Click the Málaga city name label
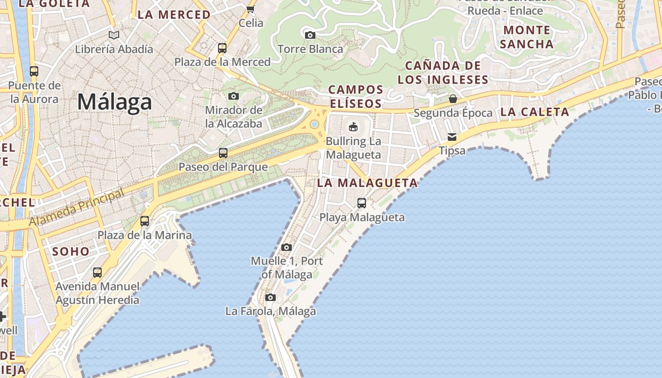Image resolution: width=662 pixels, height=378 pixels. (x=114, y=102)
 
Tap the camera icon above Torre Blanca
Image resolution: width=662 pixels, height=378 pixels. (x=310, y=35)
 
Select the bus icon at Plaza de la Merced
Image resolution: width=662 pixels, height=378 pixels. (x=222, y=48)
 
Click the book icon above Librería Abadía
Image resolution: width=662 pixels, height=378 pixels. (x=114, y=35)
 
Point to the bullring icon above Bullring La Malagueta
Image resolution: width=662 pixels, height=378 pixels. (x=353, y=127)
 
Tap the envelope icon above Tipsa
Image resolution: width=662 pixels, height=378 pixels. (x=452, y=137)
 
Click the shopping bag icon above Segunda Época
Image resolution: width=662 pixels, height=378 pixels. (x=453, y=99)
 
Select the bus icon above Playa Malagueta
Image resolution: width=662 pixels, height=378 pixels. (x=362, y=203)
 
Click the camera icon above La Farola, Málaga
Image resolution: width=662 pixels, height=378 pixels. (x=270, y=297)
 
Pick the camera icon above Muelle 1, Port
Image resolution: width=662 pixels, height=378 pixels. (x=287, y=247)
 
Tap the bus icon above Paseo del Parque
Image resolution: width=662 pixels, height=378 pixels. (x=223, y=153)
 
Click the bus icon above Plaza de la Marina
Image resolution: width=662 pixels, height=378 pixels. (x=145, y=221)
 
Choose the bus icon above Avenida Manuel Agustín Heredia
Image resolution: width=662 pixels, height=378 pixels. (x=97, y=272)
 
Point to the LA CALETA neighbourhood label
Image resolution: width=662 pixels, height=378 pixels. (x=534, y=112)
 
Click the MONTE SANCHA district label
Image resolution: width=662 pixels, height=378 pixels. (x=526, y=37)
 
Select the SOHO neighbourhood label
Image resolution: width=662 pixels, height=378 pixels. (x=71, y=251)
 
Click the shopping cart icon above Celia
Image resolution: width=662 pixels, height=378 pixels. (x=251, y=9)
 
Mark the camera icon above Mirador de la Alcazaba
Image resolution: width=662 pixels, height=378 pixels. (x=234, y=96)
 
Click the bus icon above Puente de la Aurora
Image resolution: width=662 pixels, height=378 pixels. (x=34, y=71)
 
